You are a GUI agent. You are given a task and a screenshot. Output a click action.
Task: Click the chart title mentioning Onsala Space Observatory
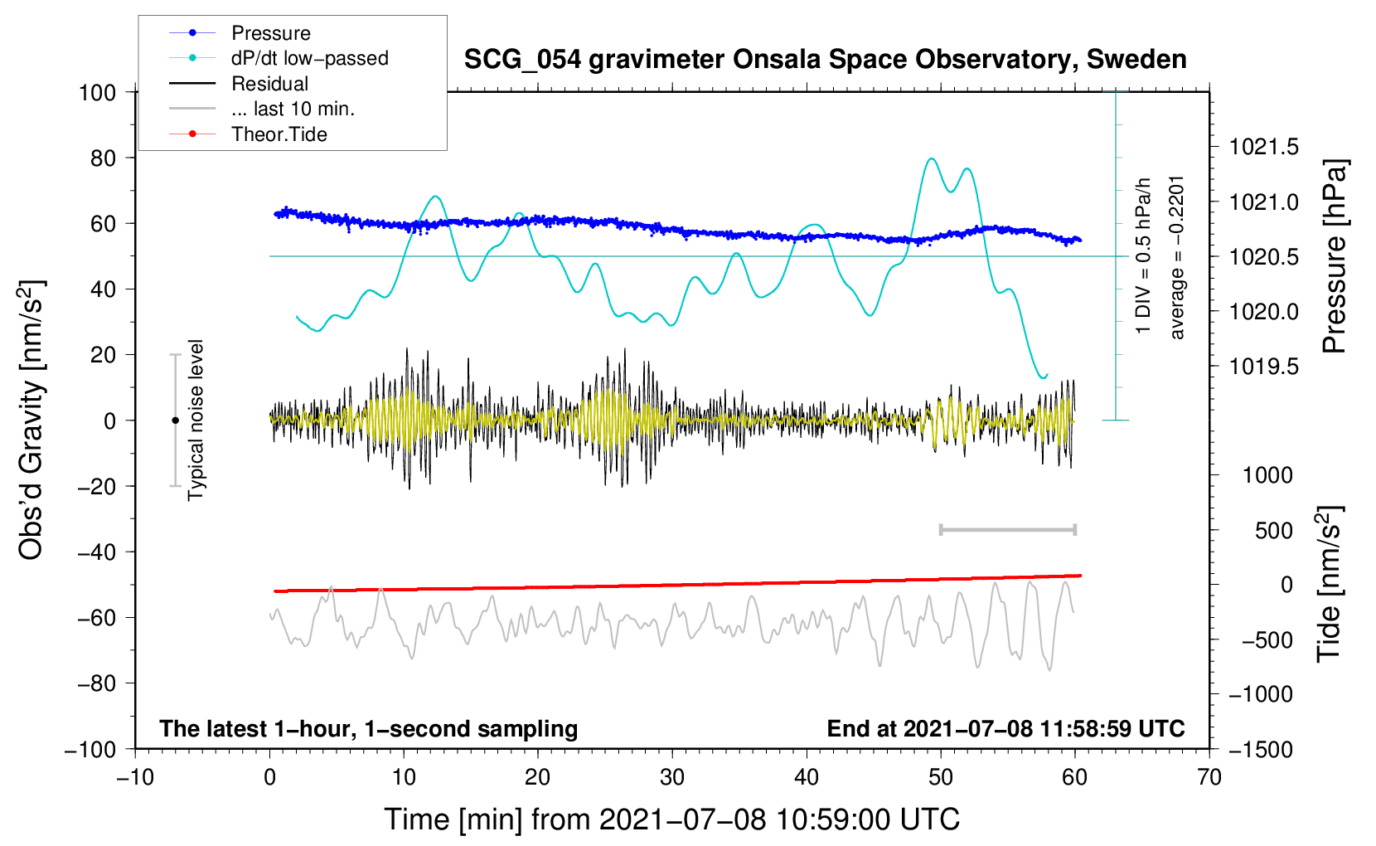[x=825, y=60]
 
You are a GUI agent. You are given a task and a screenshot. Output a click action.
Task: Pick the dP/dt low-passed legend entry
[x=309, y=58]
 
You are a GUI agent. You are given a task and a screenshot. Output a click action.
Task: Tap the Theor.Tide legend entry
[x=279, y=134]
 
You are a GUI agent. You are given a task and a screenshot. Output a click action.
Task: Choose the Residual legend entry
[x=269, y=84]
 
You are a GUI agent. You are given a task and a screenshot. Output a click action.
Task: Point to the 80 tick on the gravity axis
[x=98, y=158]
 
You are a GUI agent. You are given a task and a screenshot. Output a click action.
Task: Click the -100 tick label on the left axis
[x=90, y=749]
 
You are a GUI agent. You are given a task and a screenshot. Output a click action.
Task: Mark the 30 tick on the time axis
[x=672, y=777]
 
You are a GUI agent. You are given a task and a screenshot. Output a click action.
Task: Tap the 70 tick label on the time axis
[x=1209, y=777]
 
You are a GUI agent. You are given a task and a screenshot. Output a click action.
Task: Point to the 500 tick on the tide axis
[x=1274, y=530]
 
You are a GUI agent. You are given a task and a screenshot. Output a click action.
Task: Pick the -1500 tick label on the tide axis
[x=1260, y=749]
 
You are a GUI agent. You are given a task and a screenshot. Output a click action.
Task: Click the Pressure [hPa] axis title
[x=1334, y=257]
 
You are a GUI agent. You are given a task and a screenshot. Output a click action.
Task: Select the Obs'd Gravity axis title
[x=31, y=421]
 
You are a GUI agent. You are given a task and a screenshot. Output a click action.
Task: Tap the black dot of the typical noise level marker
[x=175, y=421]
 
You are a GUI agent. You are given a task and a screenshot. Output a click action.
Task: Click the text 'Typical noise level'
[x=196, y=421]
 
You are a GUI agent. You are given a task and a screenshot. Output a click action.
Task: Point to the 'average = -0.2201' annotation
[x=1177, y=257]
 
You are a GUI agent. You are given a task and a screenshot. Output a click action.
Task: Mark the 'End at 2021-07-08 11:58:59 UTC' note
[x=1005, y=729]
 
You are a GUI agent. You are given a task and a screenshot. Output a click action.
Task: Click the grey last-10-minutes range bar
[x=1007, y=529]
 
